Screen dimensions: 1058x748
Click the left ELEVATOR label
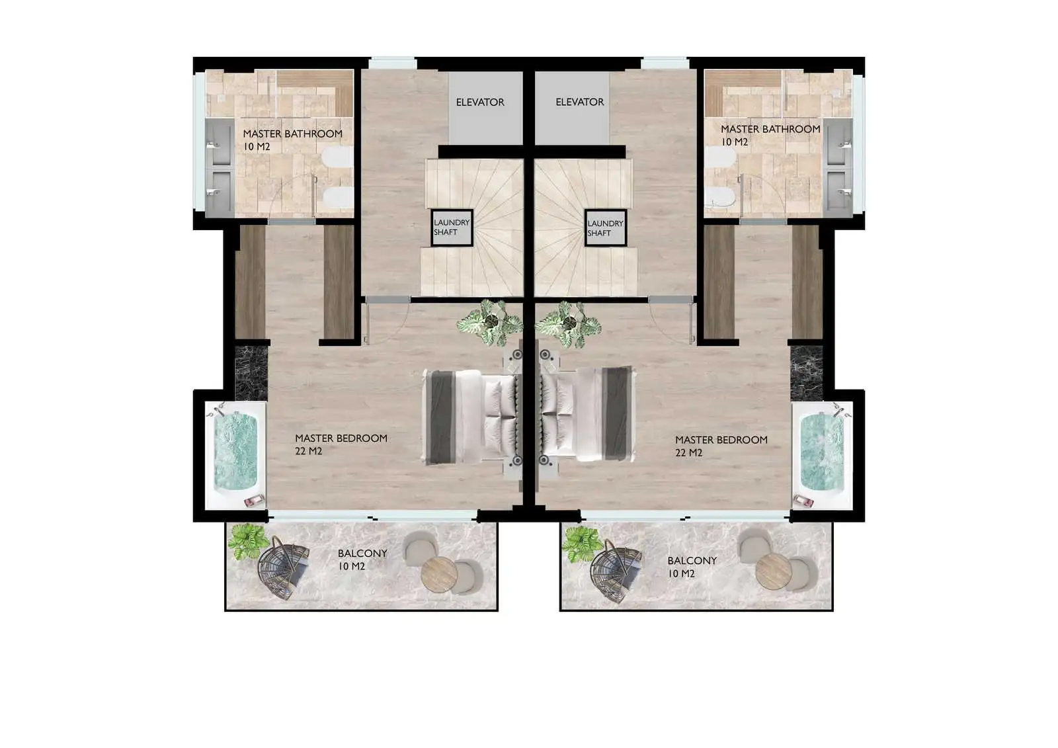[480, 102]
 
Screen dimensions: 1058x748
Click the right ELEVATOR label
[579, 102]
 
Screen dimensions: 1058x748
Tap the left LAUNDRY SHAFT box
[452, 228]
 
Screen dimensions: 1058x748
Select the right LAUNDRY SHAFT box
[606, 228]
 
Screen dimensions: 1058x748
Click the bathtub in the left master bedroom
[235, 455]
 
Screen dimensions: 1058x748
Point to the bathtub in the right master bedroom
[823, 455]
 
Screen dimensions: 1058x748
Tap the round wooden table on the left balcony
[439, 574]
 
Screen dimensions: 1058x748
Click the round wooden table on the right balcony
[774, 572]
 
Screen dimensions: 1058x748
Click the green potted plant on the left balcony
[248, 542]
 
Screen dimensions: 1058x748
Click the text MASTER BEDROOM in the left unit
[341, 438]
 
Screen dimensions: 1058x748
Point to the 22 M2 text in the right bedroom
[688, 452]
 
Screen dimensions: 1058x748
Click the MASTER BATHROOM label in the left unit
[293, 134]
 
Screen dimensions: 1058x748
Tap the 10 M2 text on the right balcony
[681, 573]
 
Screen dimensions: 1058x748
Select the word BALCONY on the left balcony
[362, 554]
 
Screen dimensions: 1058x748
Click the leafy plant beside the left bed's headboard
[490, 322]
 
